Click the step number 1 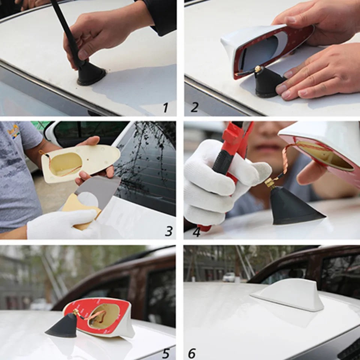[x=165, y=108]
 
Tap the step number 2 [x=194, y=108]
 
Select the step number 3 [x=169, y=231]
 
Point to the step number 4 [x=196, y=232]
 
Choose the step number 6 [x=192, y=353]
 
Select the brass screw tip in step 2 [x=258, y=69]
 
